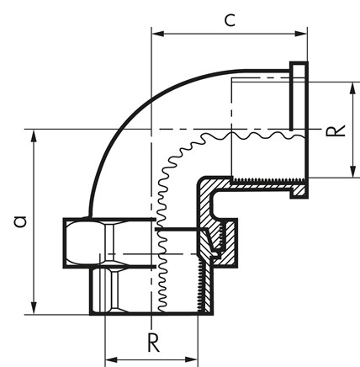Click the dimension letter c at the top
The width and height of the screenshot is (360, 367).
(230, 20)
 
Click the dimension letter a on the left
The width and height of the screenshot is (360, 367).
(20, 221)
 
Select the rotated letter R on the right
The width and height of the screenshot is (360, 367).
(336, 130)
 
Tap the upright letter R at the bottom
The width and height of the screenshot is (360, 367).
(153, 343)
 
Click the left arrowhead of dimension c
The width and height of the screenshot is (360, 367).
(158, 34)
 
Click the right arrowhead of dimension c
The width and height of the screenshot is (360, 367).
(301, 34)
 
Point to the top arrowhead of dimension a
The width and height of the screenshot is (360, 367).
(34, 136)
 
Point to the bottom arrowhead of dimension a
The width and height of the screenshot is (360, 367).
(34, 308)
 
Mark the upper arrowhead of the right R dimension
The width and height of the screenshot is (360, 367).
(353, 88)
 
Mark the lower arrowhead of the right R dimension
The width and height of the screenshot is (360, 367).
(353, 172)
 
